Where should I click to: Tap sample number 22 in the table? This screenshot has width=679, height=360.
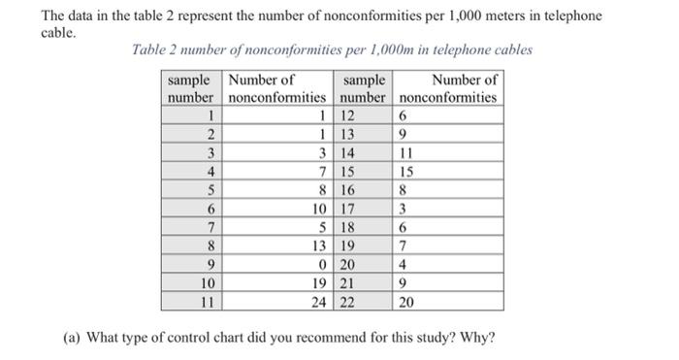[x=348, y=302]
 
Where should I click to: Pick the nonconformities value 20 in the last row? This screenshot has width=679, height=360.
[x=407, y=302]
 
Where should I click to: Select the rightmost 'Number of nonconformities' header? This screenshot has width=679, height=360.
[x=449, y=88]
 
